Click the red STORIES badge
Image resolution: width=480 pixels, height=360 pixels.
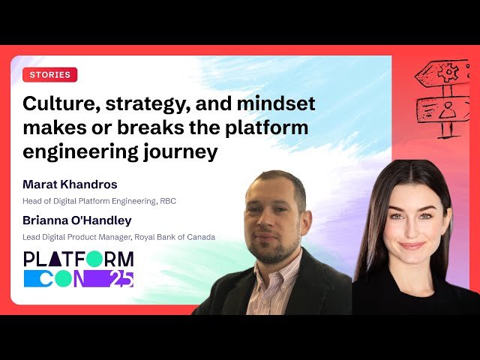(x=50, y=75)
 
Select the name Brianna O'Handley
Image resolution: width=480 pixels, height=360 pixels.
(x=78, y=221)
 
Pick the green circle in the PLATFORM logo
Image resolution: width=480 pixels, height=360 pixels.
(x=94, y=259)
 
